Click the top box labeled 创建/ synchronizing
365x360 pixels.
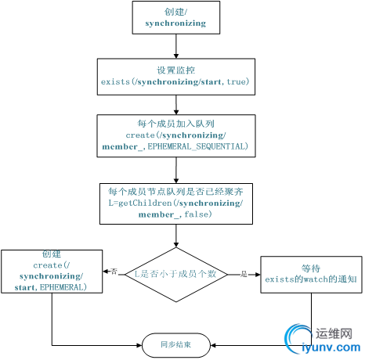tap(175, 18)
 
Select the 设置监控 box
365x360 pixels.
tap(175, 76)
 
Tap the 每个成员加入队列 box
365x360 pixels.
tap(175, 135)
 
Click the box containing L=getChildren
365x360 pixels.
tap(175, 202)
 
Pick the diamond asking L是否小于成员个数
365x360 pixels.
tap(176, 273)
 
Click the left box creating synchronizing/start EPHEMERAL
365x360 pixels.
tap(52, 272)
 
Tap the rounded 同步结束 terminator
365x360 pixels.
tap(176, 344)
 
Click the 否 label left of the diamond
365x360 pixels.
tap(114, 272)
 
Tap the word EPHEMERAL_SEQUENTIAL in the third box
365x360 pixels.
tap(202, 147)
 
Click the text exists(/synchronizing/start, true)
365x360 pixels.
tap(175, 81)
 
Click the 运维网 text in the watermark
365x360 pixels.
tap(334, 332)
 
